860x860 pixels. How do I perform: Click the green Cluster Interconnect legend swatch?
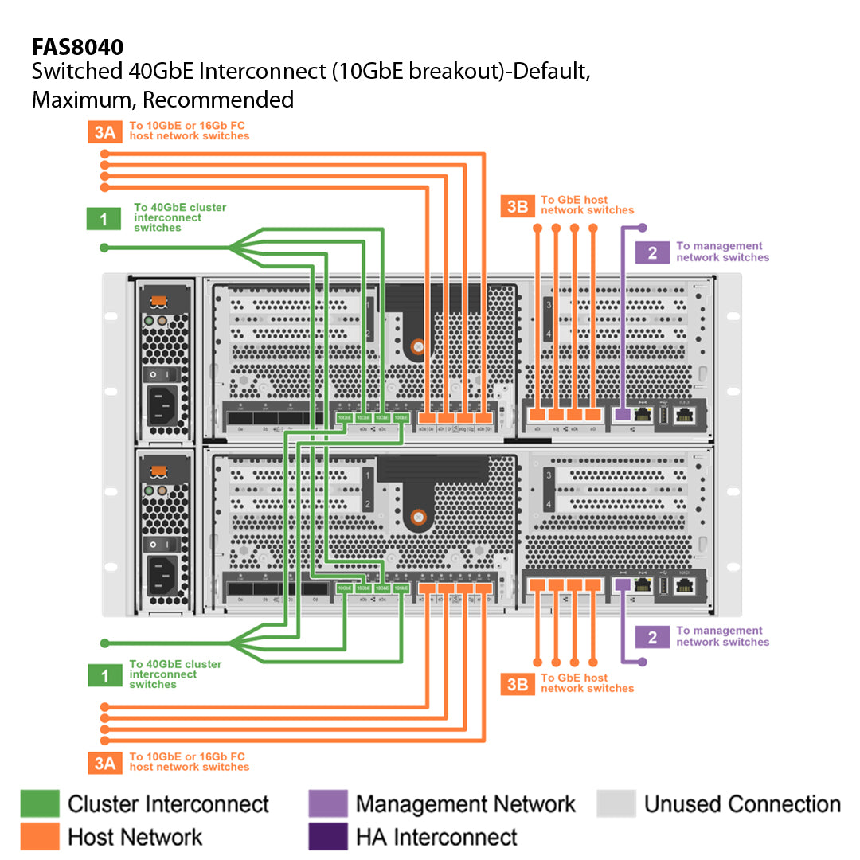[x=40, y=803]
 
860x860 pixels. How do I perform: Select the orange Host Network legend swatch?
[x=40, y=836]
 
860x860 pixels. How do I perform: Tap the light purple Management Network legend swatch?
[x=328, y=803]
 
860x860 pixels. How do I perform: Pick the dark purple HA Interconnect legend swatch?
[x=328, y=836]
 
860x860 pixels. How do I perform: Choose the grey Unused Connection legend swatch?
[x=616, y=803]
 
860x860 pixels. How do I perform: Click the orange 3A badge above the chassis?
[x=104, y=131]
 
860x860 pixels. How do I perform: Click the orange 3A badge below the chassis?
[x=104, y=763]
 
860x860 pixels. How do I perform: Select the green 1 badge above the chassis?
[x=104, y=219]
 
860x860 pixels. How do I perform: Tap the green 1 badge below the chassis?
[x=104, y=675]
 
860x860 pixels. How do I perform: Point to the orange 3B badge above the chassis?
[x=518, y=206]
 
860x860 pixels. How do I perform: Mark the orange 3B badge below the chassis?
[x=518, y=684]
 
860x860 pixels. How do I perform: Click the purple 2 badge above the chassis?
[x=652, y=252]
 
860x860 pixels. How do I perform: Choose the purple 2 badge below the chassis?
[x=652, y=637]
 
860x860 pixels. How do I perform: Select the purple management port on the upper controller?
[x=623, y=414]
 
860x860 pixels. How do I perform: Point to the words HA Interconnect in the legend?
[x=436, y=837]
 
